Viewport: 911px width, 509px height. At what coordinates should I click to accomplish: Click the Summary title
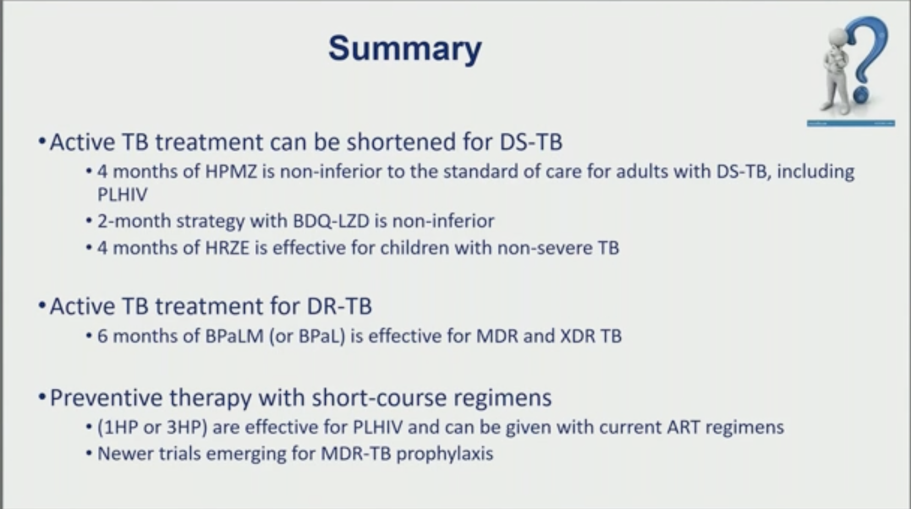tap(405, 49)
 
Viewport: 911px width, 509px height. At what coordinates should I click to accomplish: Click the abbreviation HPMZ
tap(231, 171)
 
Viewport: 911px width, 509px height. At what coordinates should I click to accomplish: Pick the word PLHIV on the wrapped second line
tap(123, 195)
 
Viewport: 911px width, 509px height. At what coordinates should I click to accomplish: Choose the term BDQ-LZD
tap(331, 222)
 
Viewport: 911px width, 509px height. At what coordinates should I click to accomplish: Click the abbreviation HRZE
tap(227, 248)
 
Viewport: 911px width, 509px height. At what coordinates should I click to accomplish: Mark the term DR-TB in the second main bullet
tap(339, 306)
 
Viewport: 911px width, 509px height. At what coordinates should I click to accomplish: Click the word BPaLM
tap(234, 336)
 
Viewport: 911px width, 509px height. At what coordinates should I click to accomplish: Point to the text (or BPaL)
tap(307, 336)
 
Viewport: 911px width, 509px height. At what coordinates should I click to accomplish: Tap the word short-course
tap(379, 398)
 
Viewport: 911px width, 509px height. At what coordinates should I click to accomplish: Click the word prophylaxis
tap(445, 454)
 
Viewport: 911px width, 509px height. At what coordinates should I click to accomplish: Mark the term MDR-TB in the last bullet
tap(356, 453)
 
